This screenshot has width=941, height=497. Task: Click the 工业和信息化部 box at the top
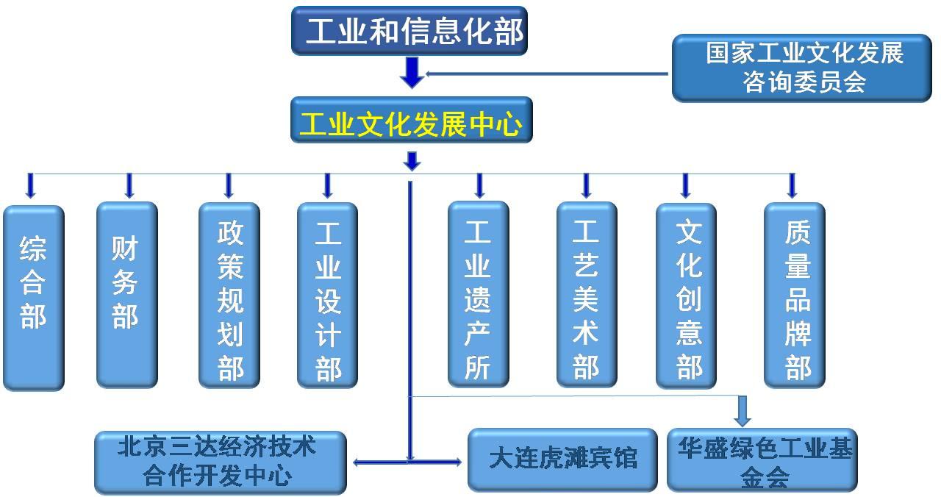tap(409, 31)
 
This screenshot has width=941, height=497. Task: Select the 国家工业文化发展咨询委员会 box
tap(801, 68)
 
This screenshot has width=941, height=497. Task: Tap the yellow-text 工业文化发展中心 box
tap(411, 120)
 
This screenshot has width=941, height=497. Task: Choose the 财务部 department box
tap(126, 294)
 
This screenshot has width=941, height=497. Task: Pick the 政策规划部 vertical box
tap(229, 295)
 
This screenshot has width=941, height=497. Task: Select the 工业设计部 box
tap(327, 295)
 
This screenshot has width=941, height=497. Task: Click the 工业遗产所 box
tap(478, 294)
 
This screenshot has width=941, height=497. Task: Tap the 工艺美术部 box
tap(586, 294)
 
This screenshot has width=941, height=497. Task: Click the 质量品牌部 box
tap(794, 295)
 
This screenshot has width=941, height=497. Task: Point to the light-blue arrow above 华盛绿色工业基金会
tap(743, 412)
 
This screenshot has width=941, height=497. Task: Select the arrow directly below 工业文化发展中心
tap(412, 161)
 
